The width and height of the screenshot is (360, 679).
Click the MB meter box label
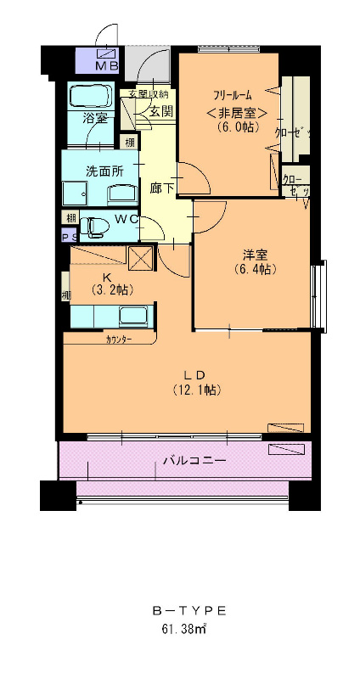point(107,65)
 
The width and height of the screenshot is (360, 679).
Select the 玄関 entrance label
point(161,110)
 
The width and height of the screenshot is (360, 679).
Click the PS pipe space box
point(67,237)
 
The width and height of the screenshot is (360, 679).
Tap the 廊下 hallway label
point(162,188)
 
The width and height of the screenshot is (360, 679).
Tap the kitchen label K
point(108,277)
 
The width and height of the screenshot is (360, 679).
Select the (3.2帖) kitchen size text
point(108,290)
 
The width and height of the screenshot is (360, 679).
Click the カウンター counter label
point(119,339)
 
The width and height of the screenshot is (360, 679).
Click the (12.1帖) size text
point(196,390)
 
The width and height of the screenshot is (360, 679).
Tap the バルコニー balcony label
point(194,461)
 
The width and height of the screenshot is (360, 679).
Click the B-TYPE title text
point(188,610)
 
